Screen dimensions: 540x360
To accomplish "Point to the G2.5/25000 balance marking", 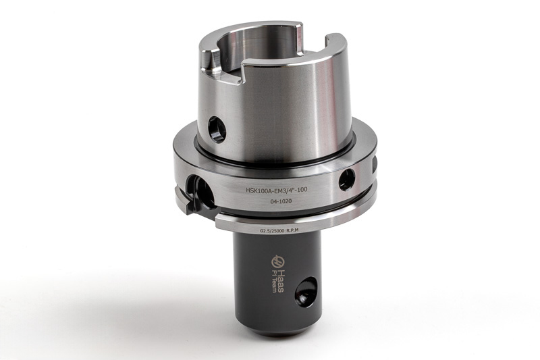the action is (x=273, y=232).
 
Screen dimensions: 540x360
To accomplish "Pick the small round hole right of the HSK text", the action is (x=347, y=180).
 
